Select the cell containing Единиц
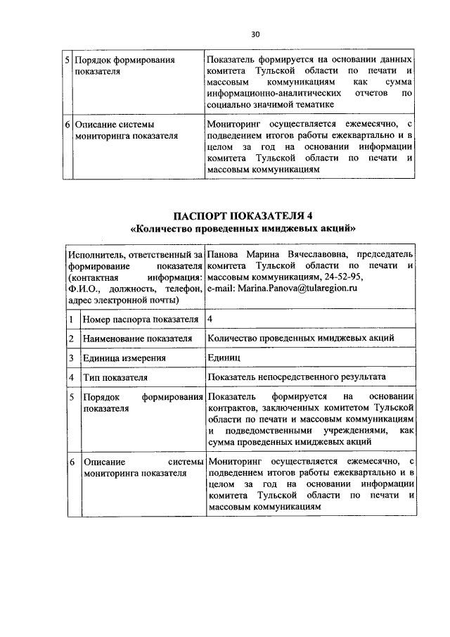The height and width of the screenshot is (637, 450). coord(224,357)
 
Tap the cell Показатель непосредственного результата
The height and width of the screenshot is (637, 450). coord(296,377)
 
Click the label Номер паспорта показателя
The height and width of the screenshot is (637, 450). coord(140,320)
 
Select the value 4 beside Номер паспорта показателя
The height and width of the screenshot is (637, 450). coord(211,319)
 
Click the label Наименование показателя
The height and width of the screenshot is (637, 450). coord(137,339)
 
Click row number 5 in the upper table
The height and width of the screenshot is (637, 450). coord(67,61)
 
